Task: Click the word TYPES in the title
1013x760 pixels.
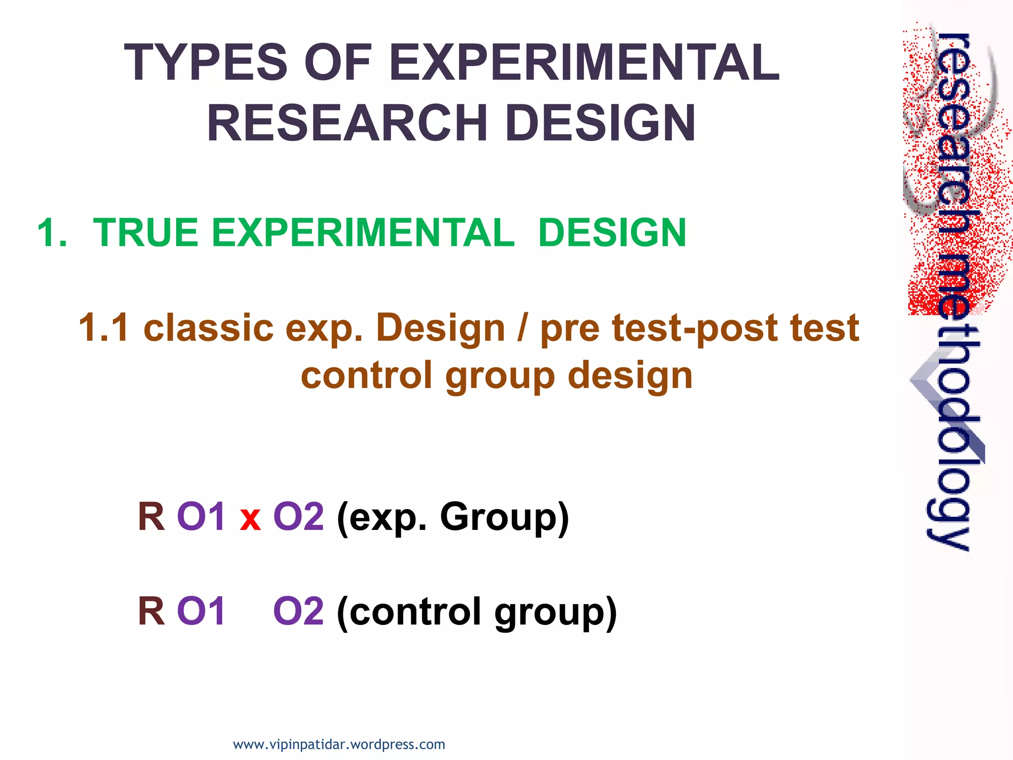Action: coord(205,63)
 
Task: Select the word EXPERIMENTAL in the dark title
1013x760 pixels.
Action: coord(584,63)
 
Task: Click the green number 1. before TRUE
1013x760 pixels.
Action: coord(52,233)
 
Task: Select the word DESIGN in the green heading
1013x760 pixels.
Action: coord(612,233)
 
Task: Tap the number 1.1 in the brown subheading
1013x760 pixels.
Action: coord(104,328)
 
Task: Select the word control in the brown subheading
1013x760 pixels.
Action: coord(367,375)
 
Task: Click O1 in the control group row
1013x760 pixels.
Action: coord(201,611)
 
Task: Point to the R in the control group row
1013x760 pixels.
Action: coord(151,611)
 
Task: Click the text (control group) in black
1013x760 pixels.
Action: coord(476,613)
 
